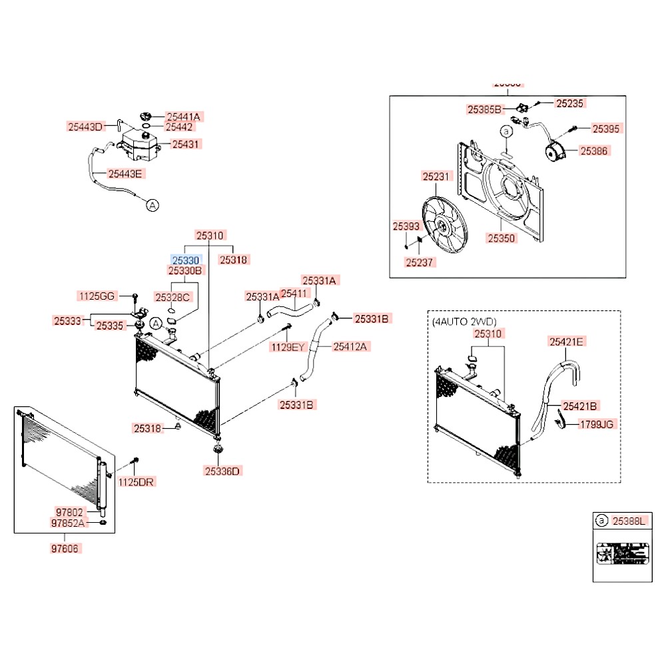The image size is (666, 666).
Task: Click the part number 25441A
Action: [x=183, y=116]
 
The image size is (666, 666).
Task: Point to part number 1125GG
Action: [x=97, y=296]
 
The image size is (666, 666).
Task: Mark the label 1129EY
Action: [x=286, y=346]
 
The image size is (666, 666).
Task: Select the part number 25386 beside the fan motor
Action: [x=594, y=151]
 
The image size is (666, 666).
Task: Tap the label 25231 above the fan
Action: [x=437, y=176]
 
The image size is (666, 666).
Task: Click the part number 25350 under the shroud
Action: [x=500, y=237]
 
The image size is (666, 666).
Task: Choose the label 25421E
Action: [x=567, y=342]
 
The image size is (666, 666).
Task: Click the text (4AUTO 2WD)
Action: [x=464, y=321]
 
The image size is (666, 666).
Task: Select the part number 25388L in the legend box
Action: [x=628, y=521]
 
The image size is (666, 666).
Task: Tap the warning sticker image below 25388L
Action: [x=619, y=554]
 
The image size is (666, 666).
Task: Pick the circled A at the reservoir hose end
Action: [x=152, y=205]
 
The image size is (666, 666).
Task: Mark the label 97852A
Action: [x=69, y=523]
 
